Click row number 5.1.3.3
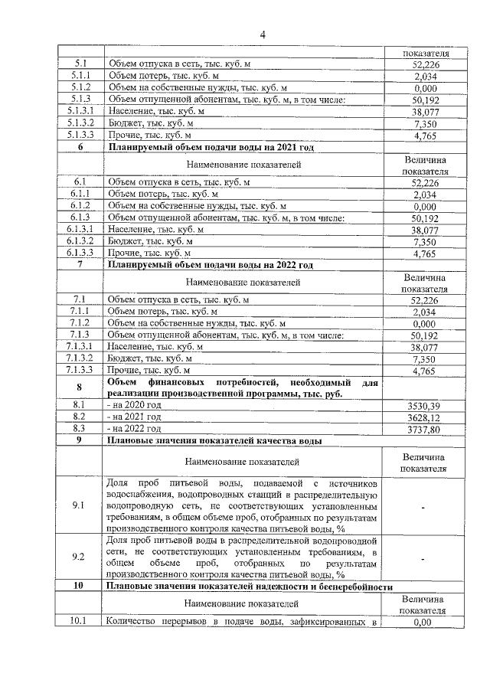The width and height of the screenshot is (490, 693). pyautogui.click(x=80, y=135)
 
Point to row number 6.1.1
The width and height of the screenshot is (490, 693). pyautogui.click(x=80, y=194)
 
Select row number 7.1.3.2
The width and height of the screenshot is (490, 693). pyautogui.click(x=80, y=358)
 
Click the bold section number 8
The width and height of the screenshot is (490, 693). pyautogui.click(x=80, y=387)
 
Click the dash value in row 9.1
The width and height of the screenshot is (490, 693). pyautogui.click(x=423, y=506)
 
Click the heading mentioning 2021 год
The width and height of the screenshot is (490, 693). pyautogui.click(x=211, y=147)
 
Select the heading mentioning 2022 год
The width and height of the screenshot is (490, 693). pyautogui.click(x=211, y=265)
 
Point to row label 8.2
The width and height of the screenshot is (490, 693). pyautogui.click(x=80, y=417)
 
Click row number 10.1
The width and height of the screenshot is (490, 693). pyautogui.click(x=80, y=622)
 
